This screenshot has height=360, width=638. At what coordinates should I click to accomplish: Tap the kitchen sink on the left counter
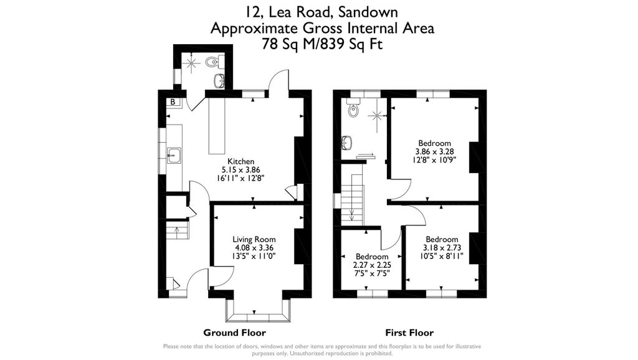[174, 154]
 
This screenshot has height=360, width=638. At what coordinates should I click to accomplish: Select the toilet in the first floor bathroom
[354, 110]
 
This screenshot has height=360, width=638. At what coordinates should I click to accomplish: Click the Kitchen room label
[240, 161]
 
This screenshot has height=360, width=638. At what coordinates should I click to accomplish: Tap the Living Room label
[254, 239]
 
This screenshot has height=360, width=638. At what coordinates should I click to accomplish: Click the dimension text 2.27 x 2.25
[372, 265]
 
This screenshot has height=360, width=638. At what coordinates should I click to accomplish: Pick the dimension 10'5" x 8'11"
[442, 255]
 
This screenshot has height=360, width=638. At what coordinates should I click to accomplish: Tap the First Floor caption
[409, 333]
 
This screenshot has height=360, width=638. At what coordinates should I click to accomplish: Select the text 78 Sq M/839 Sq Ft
[322, 44]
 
